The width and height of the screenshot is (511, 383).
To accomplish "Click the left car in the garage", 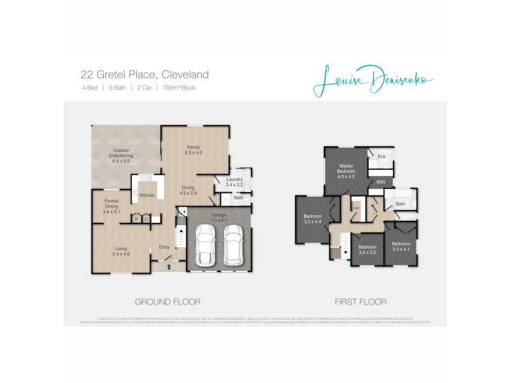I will click(x=206, y=247).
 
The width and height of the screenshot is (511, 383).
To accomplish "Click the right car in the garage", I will click(x=234, y=247).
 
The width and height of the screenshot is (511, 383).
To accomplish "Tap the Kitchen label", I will click(x=147, y=195).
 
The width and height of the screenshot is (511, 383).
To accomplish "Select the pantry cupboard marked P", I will click(x=136, y=220).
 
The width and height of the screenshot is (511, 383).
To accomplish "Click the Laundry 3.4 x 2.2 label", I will click(x=234, y=182).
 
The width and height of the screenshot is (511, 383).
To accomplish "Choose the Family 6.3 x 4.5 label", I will click(x=193, y=150).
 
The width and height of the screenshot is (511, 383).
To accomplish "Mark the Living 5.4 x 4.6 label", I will click(x=121, y=252).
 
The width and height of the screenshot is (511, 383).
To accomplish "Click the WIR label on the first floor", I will click(x=381, y=182).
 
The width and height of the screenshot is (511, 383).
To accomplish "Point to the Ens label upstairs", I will click(x=381, y=156).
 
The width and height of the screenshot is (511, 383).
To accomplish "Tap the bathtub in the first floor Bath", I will click(x=404, y=194).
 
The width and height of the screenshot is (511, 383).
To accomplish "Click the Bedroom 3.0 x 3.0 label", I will click(x=367, y=250).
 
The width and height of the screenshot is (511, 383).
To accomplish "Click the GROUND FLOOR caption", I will click(x=167, y=302).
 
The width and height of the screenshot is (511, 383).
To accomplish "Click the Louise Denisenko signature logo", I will click(x=374, y=81).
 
